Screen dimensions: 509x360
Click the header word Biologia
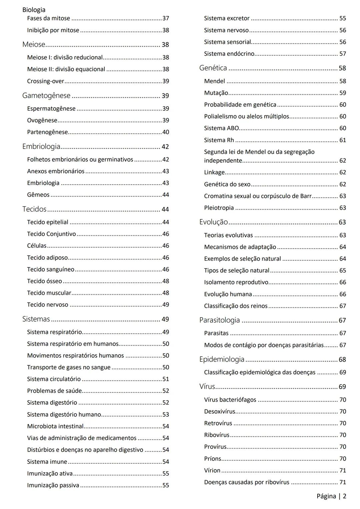[34, 10]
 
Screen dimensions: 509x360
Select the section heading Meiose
[34, 44]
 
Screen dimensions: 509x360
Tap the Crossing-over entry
[45, 81]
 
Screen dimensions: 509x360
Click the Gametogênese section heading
[46, 96]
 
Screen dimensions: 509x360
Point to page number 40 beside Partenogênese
[166, 132]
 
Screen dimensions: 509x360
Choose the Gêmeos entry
[38, 195]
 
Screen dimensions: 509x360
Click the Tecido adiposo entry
[47, 258]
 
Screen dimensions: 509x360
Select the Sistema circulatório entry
[54, 379]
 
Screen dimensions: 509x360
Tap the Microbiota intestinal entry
[55, 426]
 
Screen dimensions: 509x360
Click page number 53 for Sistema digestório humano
[166, 415]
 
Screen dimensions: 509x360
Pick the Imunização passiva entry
[53, 485]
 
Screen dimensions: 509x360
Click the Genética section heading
[213, 68]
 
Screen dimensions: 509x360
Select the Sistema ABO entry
[221, 128]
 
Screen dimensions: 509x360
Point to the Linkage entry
[214, 172]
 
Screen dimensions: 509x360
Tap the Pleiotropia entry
[219, 208]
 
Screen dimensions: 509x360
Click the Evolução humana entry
[228, 294]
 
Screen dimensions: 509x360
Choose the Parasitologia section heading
[219, 320]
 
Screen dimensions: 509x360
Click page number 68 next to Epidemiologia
[342, 360]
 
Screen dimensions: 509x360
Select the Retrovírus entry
[218, 423]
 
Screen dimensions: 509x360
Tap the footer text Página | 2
[331, 496]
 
